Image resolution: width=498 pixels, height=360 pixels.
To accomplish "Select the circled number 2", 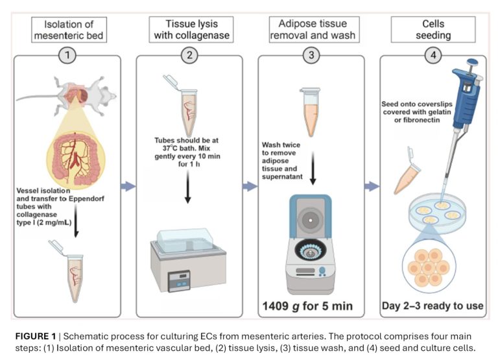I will click(x=189, y=55).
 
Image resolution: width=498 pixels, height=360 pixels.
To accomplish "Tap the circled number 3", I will click(x=311, y=55).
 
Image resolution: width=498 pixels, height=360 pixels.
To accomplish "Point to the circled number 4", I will click(x=433, y=55).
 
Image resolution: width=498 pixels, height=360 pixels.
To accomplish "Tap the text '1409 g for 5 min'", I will click(x=311, y=305).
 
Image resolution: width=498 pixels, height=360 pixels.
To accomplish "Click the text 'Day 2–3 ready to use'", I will click(x=433, y=305).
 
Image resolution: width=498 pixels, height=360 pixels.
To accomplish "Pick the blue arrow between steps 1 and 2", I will click(x=128, y=187).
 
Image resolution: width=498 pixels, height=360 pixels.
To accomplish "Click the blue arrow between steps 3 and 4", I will click(x=372, y=187).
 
